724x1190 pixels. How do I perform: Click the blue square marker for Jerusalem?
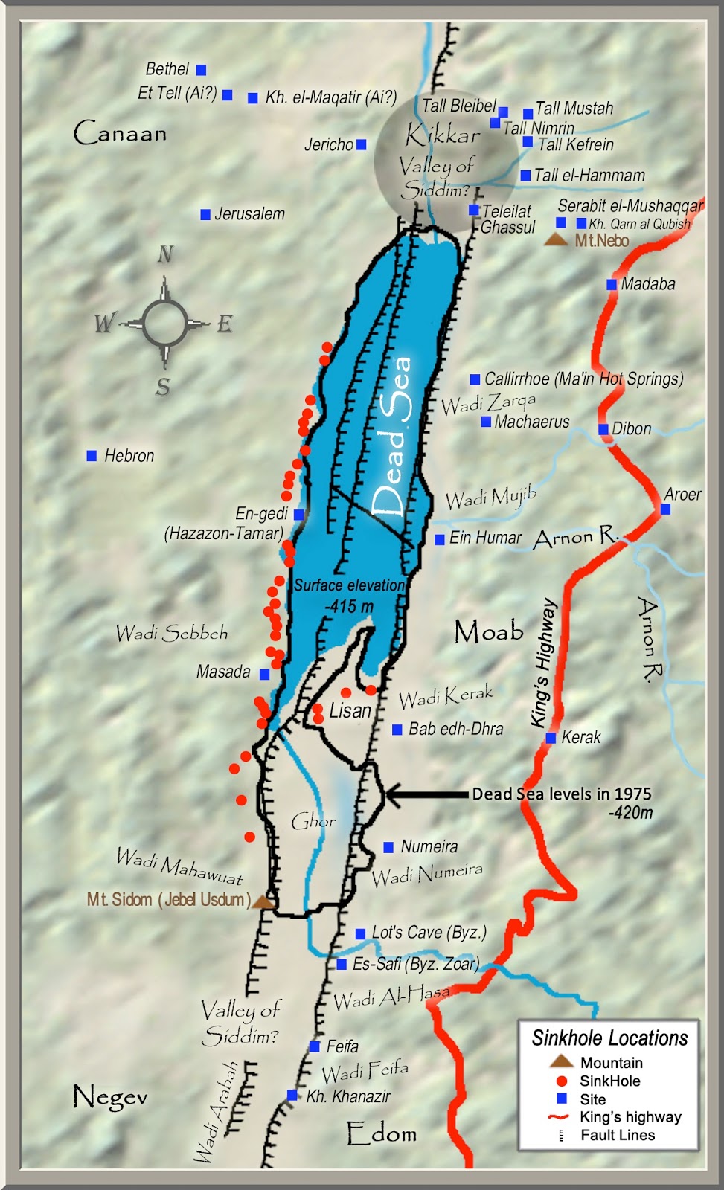coord(205,215)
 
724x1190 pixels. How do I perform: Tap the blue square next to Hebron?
coord(92,456)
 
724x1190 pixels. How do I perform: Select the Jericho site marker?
coord(362,145)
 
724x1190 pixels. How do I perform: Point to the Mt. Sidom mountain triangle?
coord(262,901)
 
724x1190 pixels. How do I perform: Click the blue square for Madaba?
coord(612,284)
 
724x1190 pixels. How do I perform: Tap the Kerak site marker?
coord(551,738)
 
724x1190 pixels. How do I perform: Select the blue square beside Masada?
coord(264,674)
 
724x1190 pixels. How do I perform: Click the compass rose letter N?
coord(165,255)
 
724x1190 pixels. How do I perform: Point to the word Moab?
coord(489,632)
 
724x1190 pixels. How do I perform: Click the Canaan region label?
coord(120,133)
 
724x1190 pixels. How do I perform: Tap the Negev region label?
coord(109,1096)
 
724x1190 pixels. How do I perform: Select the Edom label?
coord(381,1133)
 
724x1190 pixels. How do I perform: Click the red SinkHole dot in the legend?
coord(562,1081)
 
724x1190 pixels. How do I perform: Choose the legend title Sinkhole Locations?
coord(609,1038)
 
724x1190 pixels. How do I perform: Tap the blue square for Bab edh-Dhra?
coord(397,730)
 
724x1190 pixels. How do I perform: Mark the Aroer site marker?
coord(665,509)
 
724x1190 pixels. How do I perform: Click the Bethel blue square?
coord(201,70)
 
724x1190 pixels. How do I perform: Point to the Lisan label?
coord(350,711)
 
